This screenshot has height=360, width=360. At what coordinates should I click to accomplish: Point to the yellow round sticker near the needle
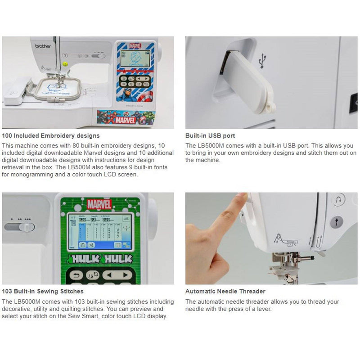65,64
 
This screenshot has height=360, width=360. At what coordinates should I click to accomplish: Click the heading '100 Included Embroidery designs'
51,135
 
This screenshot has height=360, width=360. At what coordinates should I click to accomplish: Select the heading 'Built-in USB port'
210,135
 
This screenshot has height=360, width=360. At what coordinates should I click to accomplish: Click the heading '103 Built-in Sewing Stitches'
43,292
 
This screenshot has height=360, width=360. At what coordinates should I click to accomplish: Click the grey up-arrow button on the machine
337,222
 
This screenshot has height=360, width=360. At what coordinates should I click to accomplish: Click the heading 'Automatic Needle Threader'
225,292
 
